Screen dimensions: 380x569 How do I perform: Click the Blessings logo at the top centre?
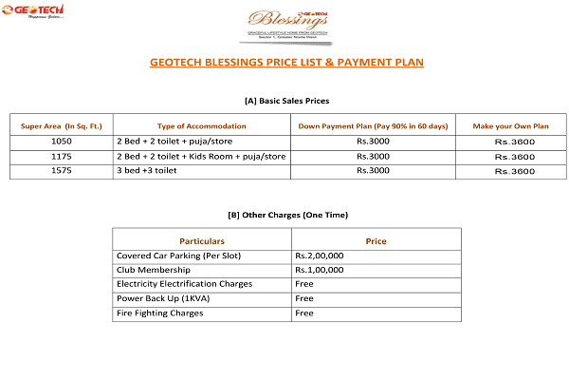(x=286, y=21)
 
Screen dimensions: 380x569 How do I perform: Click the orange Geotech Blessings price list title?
(x=286, y=63)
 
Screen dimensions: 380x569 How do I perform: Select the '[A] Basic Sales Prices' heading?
(x=286, y=100)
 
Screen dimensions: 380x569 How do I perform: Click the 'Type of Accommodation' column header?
(x=194, y=125)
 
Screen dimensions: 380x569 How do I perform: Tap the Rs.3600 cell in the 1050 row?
(x=515, y=142)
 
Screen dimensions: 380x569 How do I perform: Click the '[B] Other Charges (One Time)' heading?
(x=286, y=216)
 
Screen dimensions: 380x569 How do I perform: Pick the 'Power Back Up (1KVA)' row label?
(x=158, y=298)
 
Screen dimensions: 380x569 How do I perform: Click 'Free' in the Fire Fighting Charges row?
(x=304, y=313)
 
